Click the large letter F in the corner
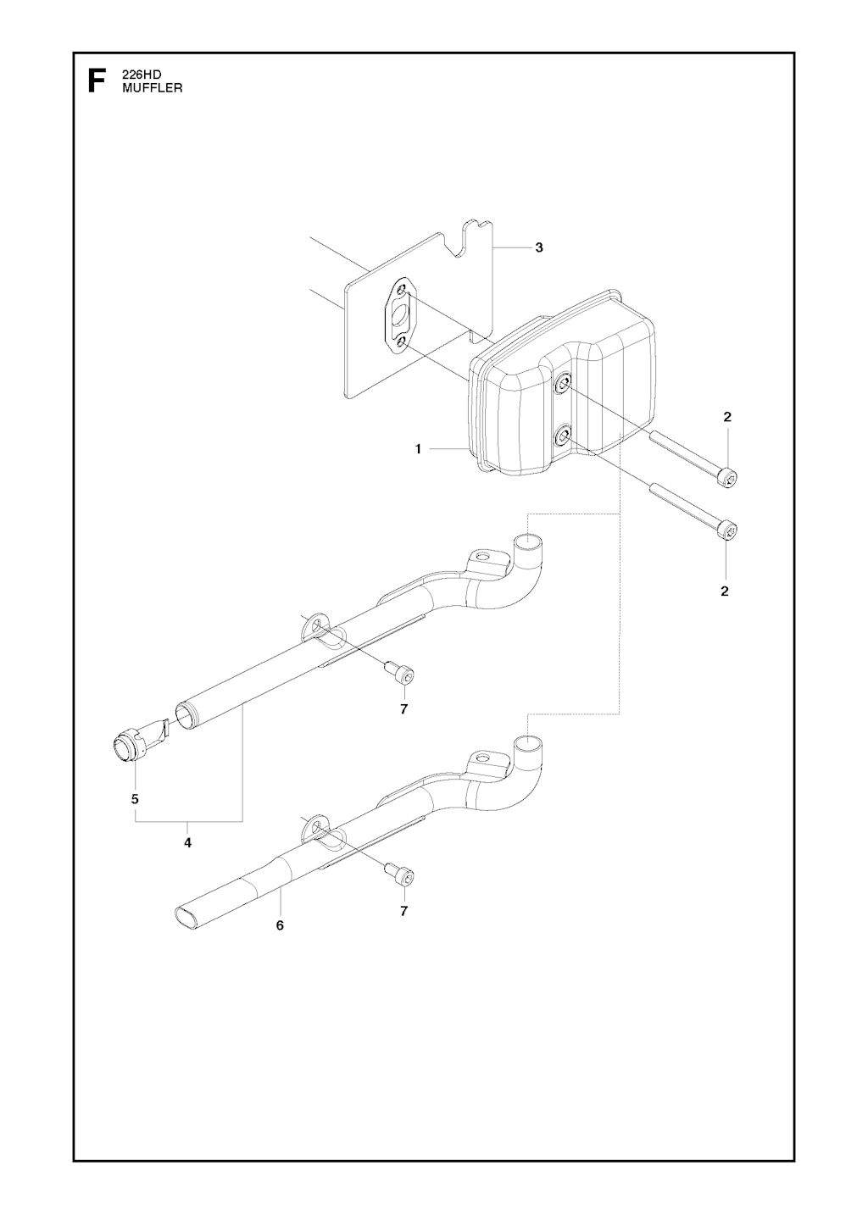(97, 81)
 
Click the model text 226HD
(139, 76)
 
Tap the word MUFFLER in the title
(153, 88)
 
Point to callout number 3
(538, 247)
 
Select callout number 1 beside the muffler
(418, 449)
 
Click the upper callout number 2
(727, 417)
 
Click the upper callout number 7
(403, 709)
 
